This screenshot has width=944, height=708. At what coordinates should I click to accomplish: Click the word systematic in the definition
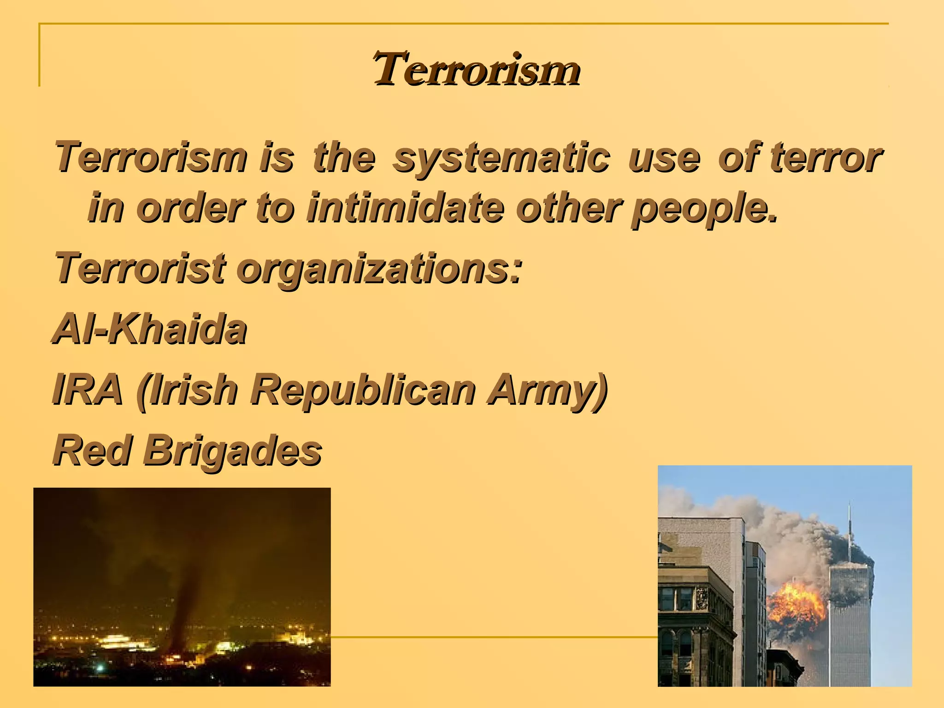pos(501,158)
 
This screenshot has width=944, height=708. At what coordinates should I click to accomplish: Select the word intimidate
pos(405,208)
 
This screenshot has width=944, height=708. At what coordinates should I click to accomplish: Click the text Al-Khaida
pos(149,329)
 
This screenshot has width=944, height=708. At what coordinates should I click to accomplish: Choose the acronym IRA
pos(88,390)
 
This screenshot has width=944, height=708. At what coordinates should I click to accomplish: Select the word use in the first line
pos(664,158)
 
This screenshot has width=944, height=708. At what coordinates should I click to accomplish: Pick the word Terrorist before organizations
pos(140,269)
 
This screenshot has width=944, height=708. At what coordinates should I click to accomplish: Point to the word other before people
pos(570,208)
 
